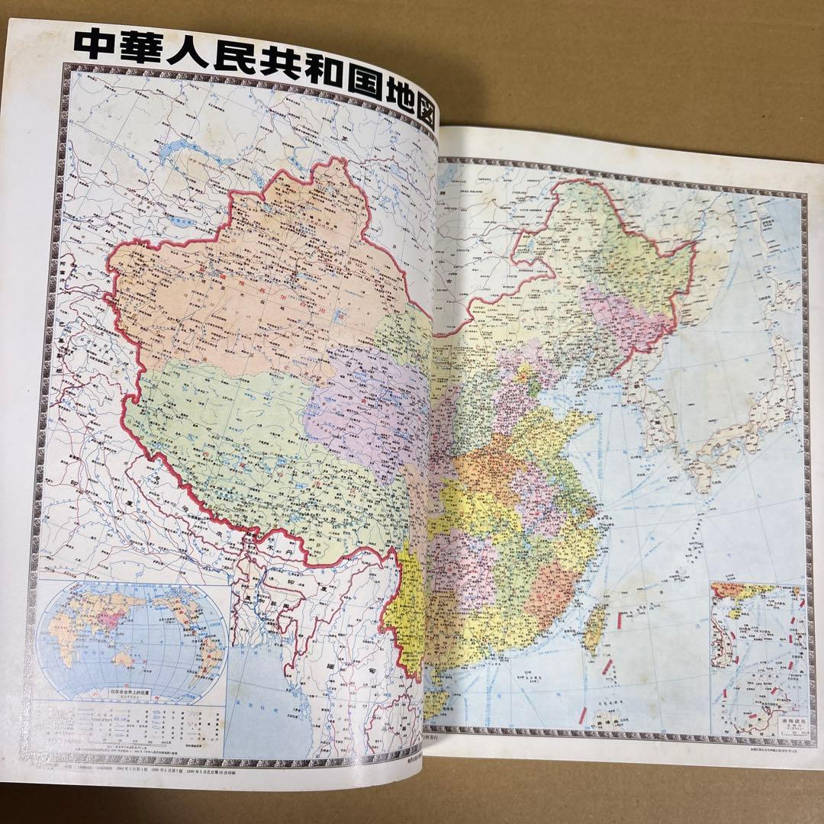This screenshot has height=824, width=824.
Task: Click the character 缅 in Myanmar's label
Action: [349, 671]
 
